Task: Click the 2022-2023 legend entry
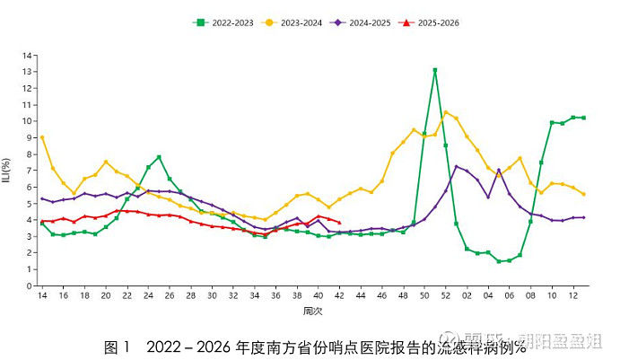(225, 22)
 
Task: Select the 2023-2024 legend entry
(296, 22)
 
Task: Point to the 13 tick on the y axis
(29, 71)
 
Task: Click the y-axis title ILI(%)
(7, 171)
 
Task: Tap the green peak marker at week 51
(435, 70)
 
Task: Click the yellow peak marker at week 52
(446, 112)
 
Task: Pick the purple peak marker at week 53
(457, 166)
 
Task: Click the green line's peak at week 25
(159, 157)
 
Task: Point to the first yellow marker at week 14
(42, 137)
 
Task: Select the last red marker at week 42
(339, 223)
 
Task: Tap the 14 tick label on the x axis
(41, 295)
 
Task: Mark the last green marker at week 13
(584, 118)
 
